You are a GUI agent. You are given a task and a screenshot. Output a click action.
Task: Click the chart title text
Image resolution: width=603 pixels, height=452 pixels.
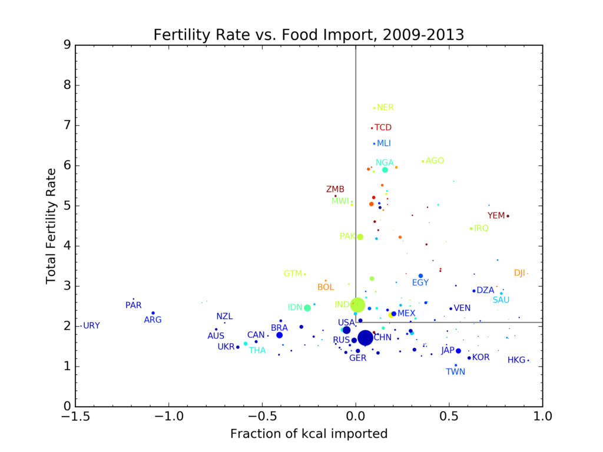point(309,34)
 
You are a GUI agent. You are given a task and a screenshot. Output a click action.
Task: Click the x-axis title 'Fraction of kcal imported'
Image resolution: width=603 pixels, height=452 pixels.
point(309,434)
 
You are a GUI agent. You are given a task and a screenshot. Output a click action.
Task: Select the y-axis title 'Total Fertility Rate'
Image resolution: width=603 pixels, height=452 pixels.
point(51,226)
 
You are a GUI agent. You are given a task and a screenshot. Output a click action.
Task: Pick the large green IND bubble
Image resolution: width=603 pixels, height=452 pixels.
point(357,305)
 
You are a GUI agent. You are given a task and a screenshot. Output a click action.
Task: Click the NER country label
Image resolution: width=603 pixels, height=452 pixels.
point(385,108)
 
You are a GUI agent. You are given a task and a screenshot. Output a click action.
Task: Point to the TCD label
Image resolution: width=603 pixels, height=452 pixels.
point(383,128)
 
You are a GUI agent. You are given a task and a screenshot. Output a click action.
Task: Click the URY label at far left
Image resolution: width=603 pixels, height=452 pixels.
point(91,325)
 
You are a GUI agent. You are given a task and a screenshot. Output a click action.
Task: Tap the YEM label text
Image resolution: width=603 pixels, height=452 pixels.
point(496,215)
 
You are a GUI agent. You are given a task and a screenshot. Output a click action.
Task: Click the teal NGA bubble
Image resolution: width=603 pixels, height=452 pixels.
point(385,169)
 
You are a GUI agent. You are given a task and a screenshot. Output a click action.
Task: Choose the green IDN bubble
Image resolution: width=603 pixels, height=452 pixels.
point(307,308)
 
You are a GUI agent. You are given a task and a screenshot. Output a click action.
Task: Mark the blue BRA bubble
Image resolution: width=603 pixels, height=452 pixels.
point(280,335)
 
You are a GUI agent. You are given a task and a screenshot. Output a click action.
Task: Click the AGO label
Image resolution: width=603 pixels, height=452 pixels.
point(435,161)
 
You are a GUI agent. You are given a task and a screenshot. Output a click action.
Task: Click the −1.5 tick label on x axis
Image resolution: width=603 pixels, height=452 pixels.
point(75,417)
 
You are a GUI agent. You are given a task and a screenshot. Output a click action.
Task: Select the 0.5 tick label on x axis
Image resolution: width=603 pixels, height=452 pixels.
point(449,417)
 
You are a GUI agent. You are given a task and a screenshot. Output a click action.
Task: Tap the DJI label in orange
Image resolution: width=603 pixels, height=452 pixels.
point(519,273)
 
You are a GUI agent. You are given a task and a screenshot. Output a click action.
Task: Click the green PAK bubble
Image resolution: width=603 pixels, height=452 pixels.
point(360,237)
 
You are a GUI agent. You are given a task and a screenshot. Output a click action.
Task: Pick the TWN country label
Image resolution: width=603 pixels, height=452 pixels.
point(455,372)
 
